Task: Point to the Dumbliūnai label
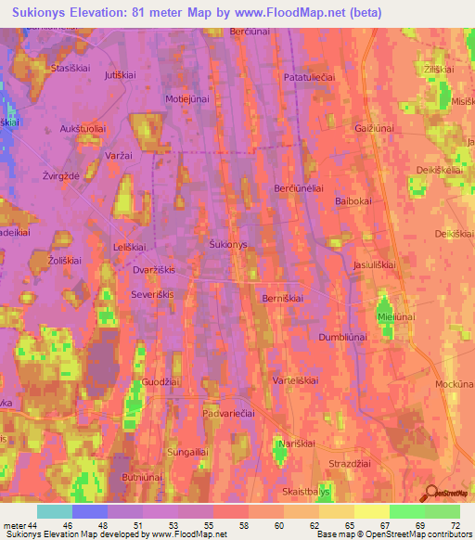(344, 338)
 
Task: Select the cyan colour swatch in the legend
(54, 511)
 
